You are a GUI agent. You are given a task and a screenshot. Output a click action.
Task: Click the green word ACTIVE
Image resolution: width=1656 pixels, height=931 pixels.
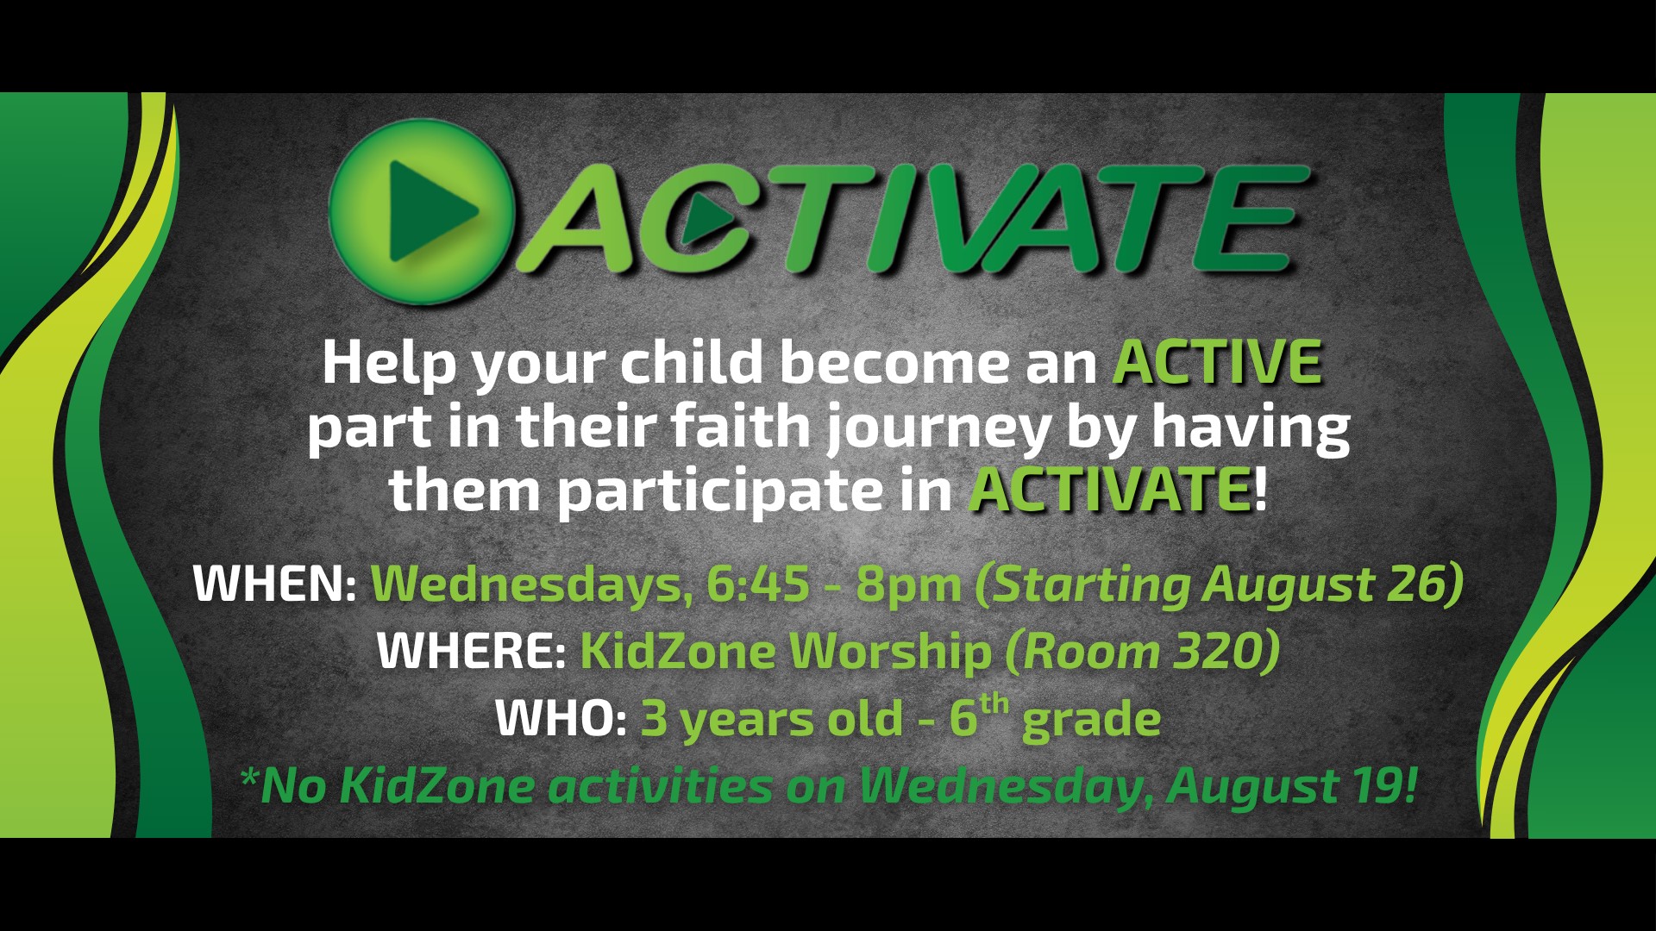click(1218, 362)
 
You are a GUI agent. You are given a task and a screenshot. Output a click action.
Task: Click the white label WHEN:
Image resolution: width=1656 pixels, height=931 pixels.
click(274, 584)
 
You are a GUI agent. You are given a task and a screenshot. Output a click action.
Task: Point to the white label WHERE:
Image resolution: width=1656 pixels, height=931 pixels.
click(471, 650)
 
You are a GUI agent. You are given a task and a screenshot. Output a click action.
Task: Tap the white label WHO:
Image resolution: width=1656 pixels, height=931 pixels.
click(561, 717)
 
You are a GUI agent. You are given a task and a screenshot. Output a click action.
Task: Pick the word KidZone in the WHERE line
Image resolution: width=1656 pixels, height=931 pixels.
click(678, 650)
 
